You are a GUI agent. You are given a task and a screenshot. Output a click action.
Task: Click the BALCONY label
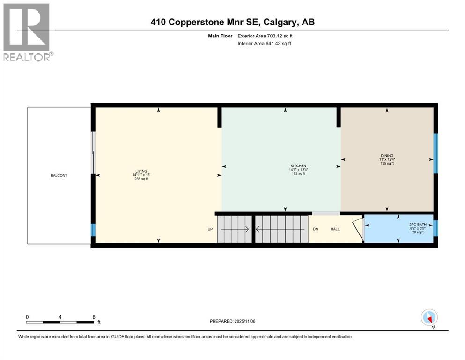point(59,176)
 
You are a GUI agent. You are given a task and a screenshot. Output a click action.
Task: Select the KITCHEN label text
point(298,166)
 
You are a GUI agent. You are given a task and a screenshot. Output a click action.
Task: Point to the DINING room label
point(387,156)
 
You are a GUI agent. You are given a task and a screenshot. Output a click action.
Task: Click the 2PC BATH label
point(416,224)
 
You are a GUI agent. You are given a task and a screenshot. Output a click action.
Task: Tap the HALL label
point(335,229)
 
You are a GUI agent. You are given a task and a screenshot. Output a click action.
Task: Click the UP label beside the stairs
point(210,229)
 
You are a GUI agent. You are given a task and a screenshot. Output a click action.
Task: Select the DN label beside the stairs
point(316,229)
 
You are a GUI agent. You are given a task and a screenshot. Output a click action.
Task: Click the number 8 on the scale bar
point(94,317)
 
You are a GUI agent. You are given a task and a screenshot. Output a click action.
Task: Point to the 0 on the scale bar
point(27,317)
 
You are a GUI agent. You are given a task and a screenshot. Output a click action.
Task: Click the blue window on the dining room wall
point(435,153)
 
